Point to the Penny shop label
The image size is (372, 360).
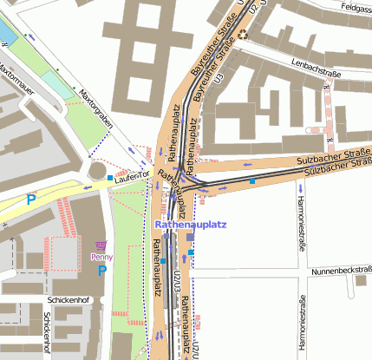[x=101, y=257]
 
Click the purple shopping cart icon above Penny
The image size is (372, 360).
[x=101, y=246]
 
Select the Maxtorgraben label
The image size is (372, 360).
[x=96, y=108]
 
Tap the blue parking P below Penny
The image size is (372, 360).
[x=101, y=270]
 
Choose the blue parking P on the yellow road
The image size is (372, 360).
[x=31, y=199]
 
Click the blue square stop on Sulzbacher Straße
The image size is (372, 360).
[x=252, y=181]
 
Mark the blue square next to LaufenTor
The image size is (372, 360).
[x=109, y=177]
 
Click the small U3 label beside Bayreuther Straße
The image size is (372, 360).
[x=220, y=78]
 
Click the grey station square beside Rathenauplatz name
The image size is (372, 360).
[x=190, y=236]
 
